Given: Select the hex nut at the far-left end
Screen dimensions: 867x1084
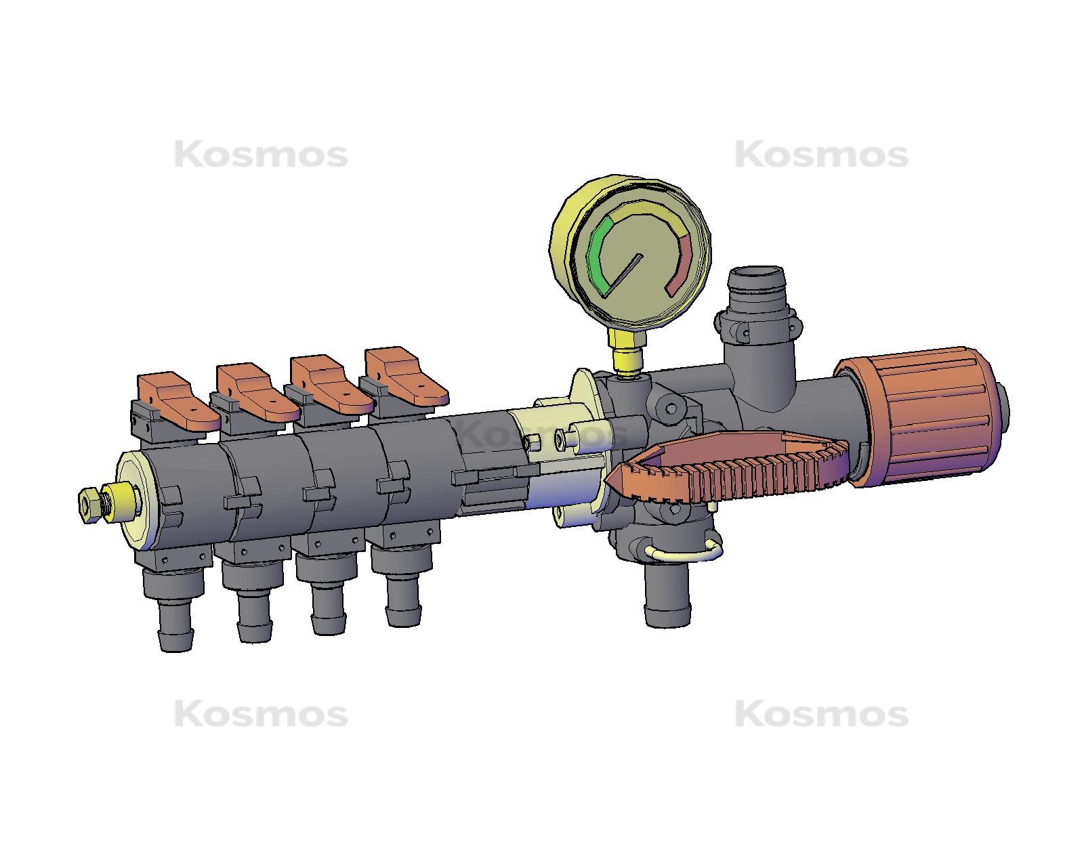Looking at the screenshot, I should [89, 505].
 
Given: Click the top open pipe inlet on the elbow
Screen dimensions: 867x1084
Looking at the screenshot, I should [757, 278].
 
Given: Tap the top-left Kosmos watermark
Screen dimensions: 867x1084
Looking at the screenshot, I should [261, 155].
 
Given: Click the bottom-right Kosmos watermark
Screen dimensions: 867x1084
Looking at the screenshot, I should [822, 714].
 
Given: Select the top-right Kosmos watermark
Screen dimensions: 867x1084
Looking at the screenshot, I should [822, 155].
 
